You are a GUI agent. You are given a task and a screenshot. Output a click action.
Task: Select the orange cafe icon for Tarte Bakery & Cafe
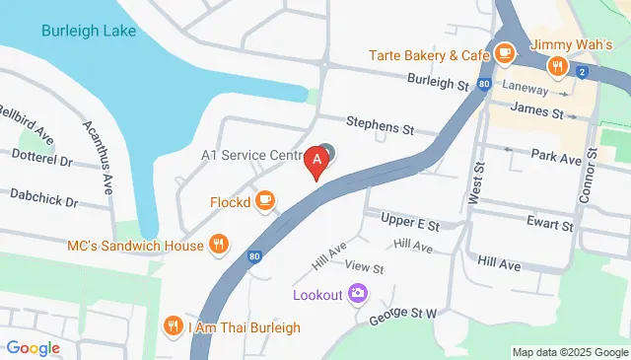coord(506,53)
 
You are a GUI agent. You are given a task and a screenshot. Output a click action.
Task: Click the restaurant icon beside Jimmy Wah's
coord(557,66)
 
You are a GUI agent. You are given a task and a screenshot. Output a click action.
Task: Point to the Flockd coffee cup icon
coord(263,201)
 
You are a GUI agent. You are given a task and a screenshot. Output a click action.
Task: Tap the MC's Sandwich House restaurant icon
coord(218,244)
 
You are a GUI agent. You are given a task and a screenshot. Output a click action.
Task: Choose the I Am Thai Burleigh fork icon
coord(174,326)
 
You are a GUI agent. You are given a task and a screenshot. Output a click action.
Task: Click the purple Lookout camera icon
coord(358,294)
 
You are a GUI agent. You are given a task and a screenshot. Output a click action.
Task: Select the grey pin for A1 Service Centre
coord(327,153)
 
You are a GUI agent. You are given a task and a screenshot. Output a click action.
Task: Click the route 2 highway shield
coord(584,72)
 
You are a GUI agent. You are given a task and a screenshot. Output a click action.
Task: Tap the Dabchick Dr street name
coord(43,201)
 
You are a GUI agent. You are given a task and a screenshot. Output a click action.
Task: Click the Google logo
coord(34,347)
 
